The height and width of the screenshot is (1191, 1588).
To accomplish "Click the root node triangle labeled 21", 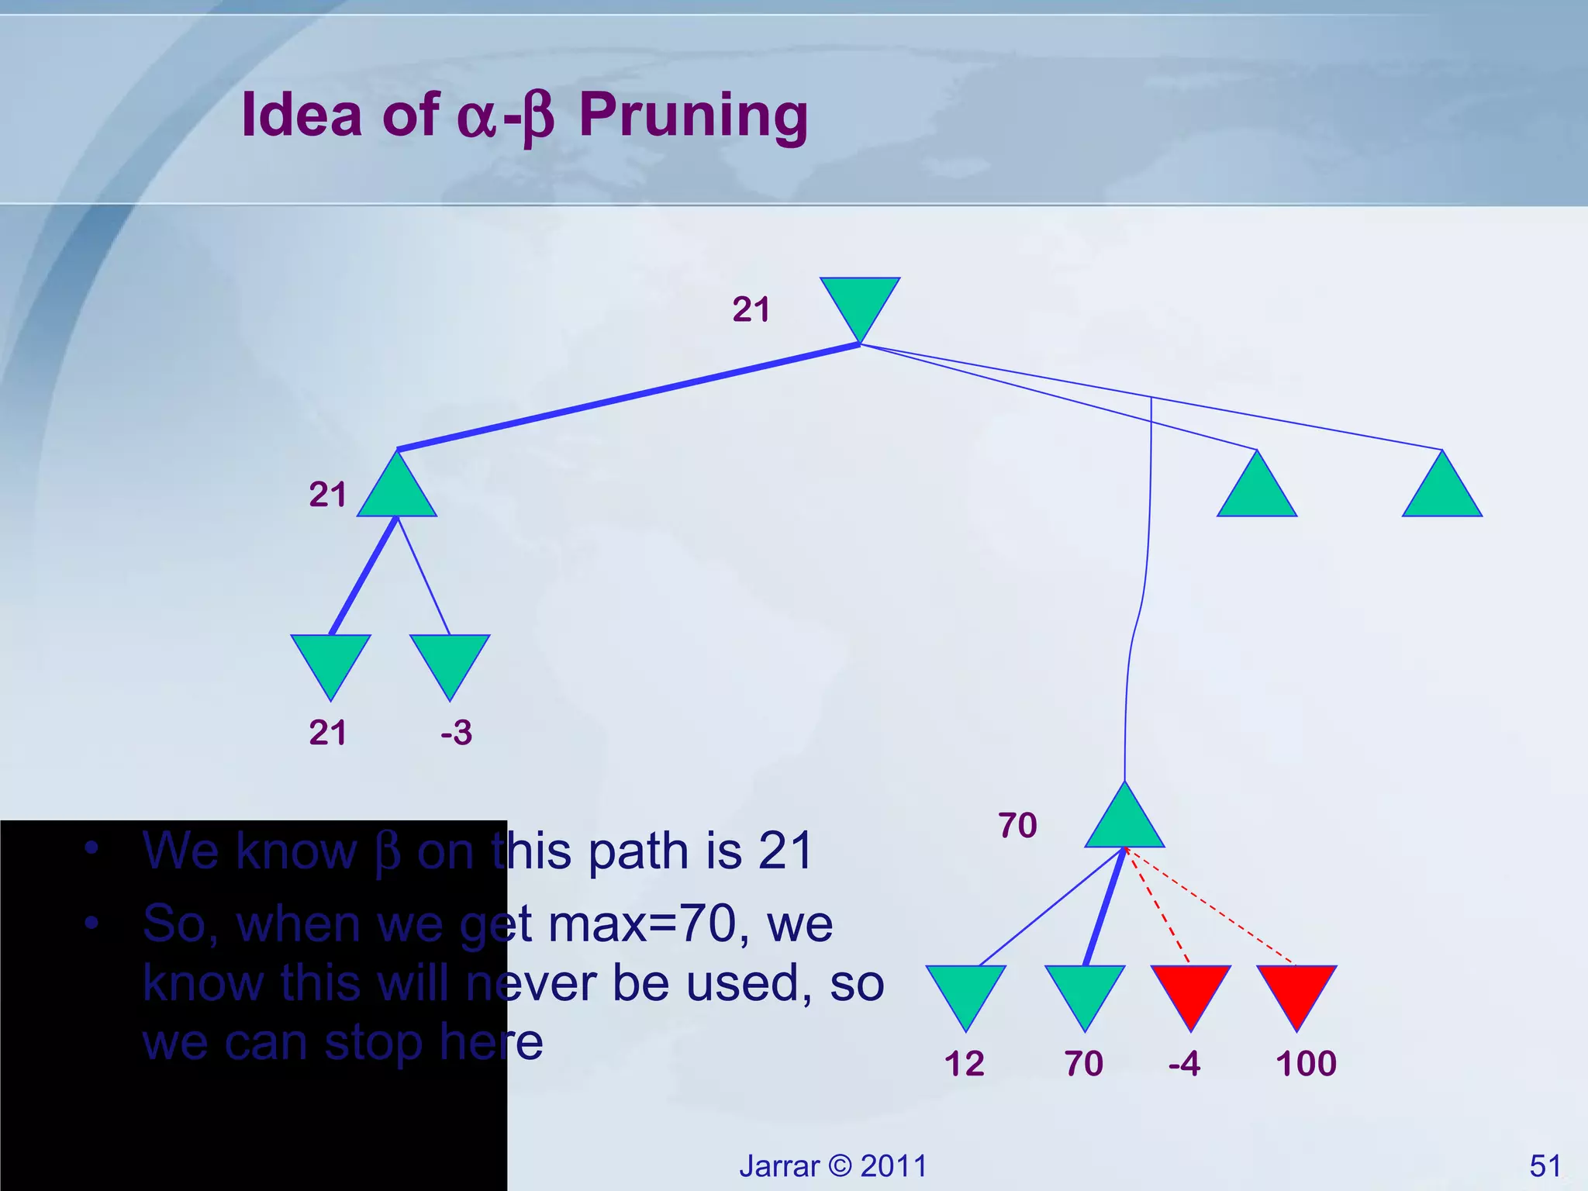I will click(x=860, y=302).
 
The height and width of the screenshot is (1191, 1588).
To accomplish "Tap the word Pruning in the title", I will click(x=693, y=115).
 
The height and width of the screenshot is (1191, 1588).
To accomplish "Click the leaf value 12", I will click(x=964, y=1063).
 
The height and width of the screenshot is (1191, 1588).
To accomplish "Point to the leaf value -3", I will click(x=456, y=732).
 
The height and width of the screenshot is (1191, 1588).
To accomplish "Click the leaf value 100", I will click(x=1306, y=1063).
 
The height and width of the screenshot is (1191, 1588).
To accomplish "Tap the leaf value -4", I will click(x=1184, y=1063).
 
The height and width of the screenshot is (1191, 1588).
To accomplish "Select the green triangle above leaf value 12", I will click(x=965, y=990).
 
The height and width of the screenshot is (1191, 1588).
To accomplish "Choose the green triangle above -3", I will click(x=450, y=660).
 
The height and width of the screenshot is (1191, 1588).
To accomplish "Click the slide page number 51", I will click(x=1545, y=1165).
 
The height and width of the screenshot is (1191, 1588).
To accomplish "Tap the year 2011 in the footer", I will click(x=893, y=1165).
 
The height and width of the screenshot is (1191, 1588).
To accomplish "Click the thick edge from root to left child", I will click(x=628, y=397).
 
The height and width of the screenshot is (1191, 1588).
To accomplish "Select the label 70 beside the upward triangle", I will click(x=1017, y=825).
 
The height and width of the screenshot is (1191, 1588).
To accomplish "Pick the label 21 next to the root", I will click(x=751, y=309).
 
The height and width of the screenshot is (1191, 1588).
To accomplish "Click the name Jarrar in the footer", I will click(x=778, y=1165).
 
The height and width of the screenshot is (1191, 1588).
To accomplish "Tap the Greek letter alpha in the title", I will click(x=476, y=119).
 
